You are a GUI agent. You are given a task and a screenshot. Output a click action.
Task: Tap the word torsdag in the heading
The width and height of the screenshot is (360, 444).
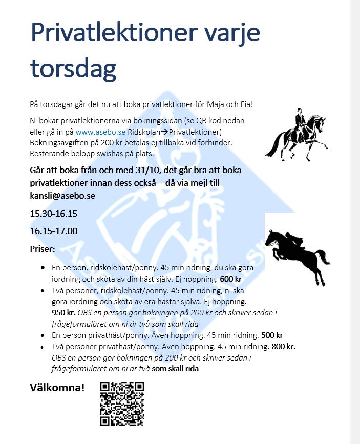point(73,67)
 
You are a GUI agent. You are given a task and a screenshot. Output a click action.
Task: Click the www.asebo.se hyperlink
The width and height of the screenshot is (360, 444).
point(94,131)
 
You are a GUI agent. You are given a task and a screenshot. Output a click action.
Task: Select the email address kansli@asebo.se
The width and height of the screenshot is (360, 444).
point(62,195)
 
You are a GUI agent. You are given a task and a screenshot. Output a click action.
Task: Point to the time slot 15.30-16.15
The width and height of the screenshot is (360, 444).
point(53,213)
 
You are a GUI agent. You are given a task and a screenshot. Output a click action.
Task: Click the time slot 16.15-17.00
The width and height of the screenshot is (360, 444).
point(53,230)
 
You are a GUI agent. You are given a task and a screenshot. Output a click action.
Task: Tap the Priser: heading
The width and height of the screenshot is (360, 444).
point(46,249)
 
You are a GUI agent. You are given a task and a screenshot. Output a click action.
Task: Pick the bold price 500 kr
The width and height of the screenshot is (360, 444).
point(272,335)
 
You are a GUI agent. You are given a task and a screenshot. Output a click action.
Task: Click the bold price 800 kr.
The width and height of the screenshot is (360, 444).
point(283,346)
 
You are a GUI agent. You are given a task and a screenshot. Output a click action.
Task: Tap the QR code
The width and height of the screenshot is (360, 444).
point(122,404)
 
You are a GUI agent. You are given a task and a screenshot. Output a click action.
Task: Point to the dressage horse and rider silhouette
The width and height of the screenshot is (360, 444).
point(295,133)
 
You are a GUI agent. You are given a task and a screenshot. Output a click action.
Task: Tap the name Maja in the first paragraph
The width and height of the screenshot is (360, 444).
point(212,104)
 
